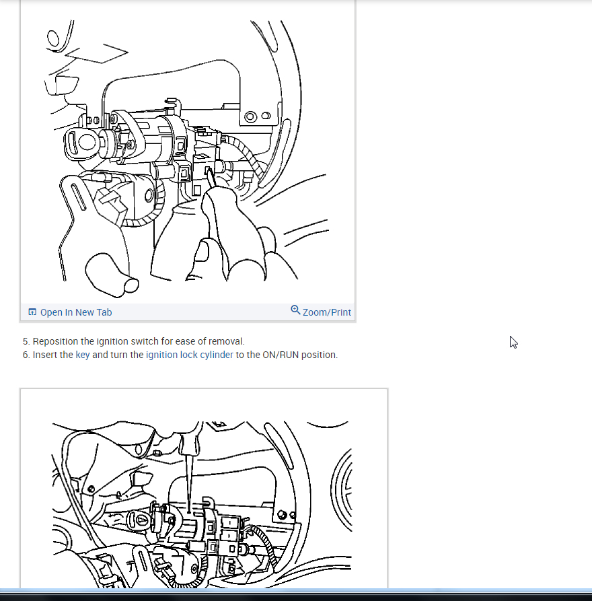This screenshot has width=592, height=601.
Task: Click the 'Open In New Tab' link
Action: [76, 312]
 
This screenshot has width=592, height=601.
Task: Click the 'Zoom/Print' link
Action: [326, 312]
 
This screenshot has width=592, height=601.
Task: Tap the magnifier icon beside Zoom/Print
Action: [295, 310]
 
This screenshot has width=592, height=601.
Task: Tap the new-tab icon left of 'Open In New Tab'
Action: [32, 312]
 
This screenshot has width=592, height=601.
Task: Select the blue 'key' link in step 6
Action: [82, 355]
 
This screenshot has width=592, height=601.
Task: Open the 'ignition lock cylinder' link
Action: [189, 355]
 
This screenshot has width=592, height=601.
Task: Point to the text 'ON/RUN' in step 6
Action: [281, 355]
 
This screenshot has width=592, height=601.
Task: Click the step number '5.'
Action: [26, 341]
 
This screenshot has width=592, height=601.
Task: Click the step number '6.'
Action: [26, 355]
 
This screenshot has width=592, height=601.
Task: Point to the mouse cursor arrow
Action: [513, 342]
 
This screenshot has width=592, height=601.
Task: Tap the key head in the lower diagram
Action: [139, 520]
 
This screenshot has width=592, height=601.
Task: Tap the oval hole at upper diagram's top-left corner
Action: [53, 38]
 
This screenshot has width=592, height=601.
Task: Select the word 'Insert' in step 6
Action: [44, 355]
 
